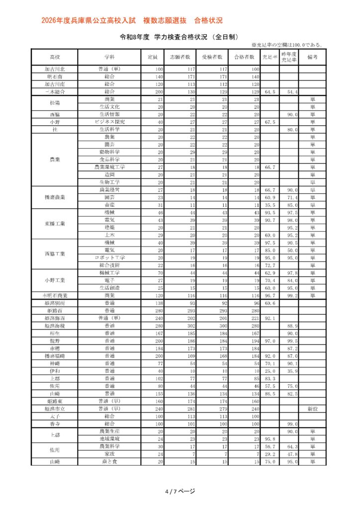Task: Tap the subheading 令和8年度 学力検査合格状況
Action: pos(180,37)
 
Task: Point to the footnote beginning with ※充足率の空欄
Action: pos(287,45)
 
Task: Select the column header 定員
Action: pos(153,57)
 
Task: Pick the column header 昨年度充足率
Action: pos(289,57)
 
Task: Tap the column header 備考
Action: pos(312,57)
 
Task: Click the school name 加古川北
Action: pos(55,69)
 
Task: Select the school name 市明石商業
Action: pos(55,295)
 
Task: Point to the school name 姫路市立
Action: pos(55,408)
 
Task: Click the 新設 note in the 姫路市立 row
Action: pos(312,408)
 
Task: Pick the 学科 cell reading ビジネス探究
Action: pos(110,122)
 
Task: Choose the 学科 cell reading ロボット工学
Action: pos(110,257)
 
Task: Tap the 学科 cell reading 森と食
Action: pos(110,462)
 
